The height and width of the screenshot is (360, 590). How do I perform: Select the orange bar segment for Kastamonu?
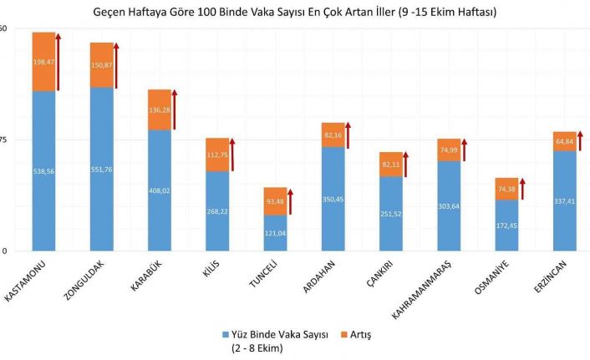pyautogui.click(x=43, y=62)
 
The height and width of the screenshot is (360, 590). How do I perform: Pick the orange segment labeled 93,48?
pyautogui.click(x=275, y=200)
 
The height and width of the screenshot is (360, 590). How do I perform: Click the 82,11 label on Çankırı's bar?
pyautogui.click(x=390, y=165)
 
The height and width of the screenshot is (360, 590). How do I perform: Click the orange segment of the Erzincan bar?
pyautogui.click(x=565, y=141)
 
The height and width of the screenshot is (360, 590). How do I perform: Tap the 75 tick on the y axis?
pyautogui.click(x=4, y=139)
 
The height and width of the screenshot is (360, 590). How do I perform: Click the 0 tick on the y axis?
pyautogui.click(x=4, y=251)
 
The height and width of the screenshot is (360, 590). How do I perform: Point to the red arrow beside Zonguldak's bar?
pyautogui.click(x=117, y=65)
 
